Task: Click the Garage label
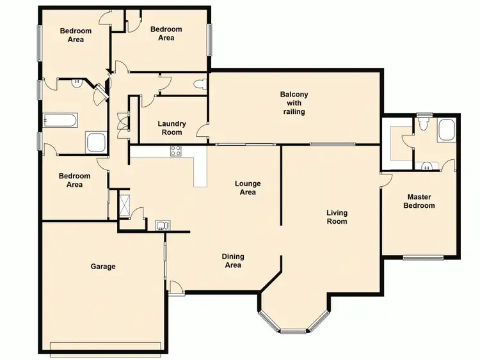pos(103,266)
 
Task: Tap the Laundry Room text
pos(172,128)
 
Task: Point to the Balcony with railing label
pos(294,103)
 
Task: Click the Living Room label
pos(337,217)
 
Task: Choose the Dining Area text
pos(233,260)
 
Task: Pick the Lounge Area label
pos(248,188)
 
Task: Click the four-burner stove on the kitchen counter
pos(175,151)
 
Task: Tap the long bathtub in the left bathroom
pos(60,120)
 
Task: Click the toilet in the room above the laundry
pos(201,84)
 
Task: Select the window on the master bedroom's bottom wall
pos(423,258)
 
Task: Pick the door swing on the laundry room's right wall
pos(202,130)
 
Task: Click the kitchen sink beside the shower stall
pos(163,224)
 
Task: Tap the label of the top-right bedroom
pos(166,33)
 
